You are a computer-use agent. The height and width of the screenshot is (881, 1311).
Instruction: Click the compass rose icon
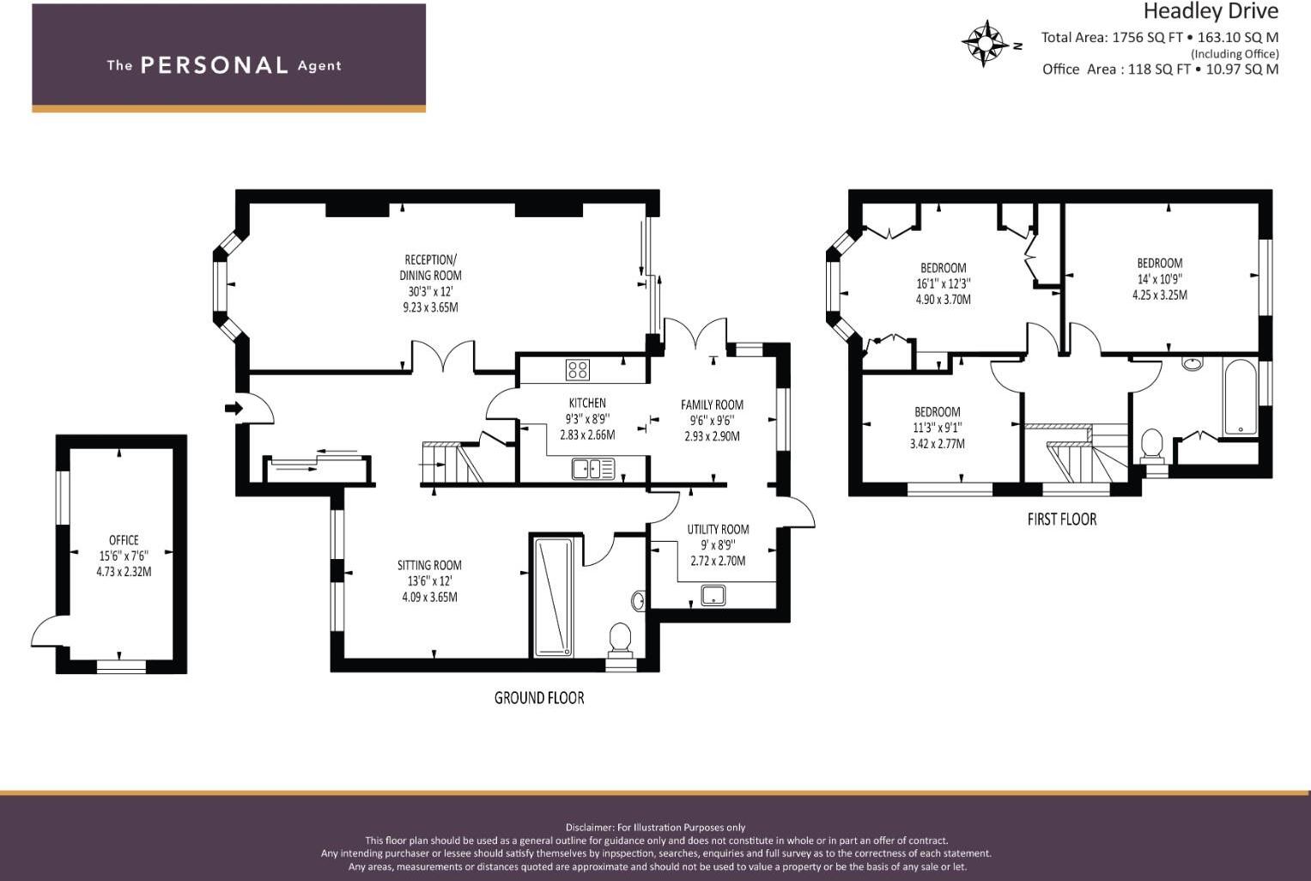click(x=986, y=44)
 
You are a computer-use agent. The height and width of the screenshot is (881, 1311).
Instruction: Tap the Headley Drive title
click(x=1210, y=12)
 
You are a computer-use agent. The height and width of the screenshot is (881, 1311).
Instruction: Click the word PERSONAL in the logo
click(x=214, y=65)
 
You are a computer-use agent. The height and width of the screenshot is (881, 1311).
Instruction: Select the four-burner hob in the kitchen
click(x=578, y=370)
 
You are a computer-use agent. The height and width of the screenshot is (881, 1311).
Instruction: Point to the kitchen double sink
click(x=593, y=469)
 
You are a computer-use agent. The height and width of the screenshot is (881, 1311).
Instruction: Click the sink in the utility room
click(x=713, y=594)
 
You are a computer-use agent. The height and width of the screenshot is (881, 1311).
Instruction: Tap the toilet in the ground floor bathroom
click(x=619, y=639)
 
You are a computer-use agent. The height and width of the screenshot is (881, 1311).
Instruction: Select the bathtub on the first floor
click(x=1240, y=398)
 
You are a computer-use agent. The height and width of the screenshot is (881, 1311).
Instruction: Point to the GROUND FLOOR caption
click(x=539, y=698)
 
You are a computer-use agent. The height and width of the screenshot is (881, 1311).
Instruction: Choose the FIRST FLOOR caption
click(x=1061, y=519)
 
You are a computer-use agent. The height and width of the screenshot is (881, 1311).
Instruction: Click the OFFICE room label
click(x=124, y=540)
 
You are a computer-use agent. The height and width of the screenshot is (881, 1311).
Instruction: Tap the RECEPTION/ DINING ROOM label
click(x=430, y=267)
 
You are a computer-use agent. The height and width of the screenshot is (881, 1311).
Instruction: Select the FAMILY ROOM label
click(x=712, y=404)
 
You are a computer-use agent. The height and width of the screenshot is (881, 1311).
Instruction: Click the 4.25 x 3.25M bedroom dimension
click(x=1159, y=295)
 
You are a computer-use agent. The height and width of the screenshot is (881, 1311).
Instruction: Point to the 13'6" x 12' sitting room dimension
click(x=429, y=581)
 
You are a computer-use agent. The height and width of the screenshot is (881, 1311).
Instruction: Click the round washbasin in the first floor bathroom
click(x=1192, y=363)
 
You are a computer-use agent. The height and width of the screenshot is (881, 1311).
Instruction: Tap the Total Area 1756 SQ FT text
click(x=1112, y=38)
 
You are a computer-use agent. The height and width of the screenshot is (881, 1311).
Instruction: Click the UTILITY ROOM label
click(x=718, y=530)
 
